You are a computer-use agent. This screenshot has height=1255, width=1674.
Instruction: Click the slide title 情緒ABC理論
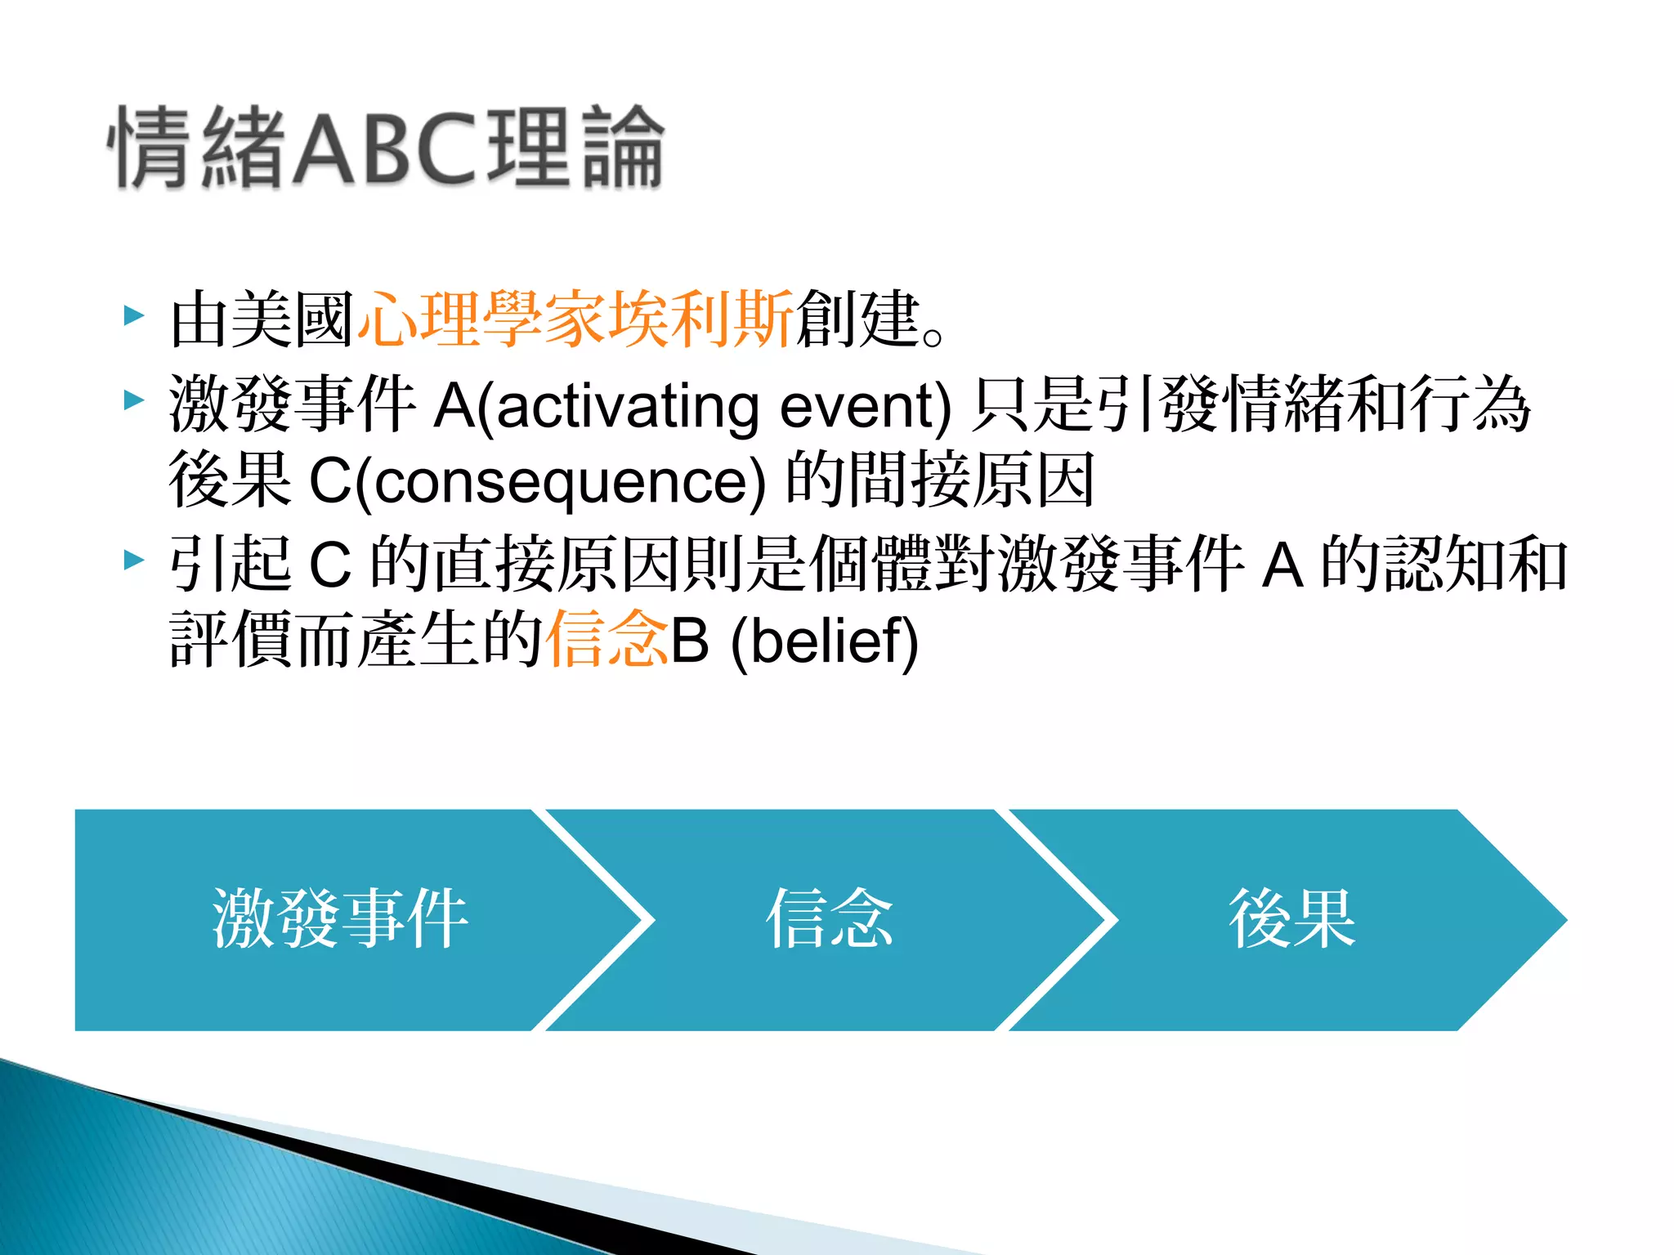click(x=386, y=147)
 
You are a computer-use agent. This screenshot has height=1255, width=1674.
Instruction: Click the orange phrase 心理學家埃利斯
click(x=575, y=319)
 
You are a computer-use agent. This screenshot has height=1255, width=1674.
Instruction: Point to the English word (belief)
click(x=824, y=641)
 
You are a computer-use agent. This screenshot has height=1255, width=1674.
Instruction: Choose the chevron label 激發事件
click(x=339, y=919)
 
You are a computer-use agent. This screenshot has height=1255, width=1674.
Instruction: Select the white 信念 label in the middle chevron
click(x=829, y=919)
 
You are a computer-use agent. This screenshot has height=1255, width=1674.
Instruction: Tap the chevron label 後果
click(x=1291, y=919)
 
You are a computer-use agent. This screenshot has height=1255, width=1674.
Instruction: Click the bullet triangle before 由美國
click(x=133, y=315)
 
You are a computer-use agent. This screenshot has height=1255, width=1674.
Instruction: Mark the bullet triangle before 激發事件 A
click(x=133, y=400)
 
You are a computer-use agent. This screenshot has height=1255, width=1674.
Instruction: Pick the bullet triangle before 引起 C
click(x=133, y=561)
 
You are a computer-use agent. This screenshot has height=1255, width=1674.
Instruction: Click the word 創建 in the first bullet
click(x=857, y=319)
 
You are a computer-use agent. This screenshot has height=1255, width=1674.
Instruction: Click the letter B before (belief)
click(x=689, y=641)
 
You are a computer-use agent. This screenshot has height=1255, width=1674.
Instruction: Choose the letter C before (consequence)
click(x=329, y=482)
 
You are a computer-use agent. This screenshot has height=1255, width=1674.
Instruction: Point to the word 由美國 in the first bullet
click(x=262, y=319)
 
